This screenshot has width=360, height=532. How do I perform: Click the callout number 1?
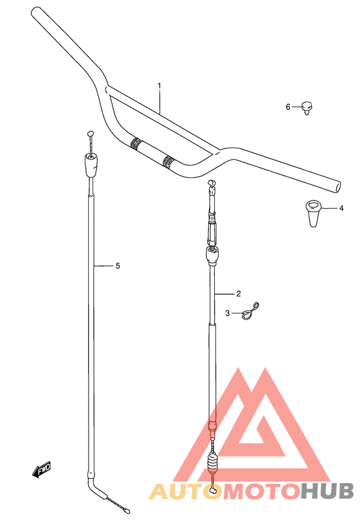pyautogui.click(x=159, y=85)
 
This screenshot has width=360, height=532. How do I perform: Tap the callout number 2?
pyautogui.click(x=238, y=294)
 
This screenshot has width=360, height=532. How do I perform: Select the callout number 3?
pyautogui.click(x=228, y=313)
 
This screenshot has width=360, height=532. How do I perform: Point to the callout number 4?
pyautogui.click(x=341, y=208)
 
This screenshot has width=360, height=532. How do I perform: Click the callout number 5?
pyautogui.click(x=118, y=265)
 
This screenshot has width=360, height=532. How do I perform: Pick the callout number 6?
pyautogui.click(x=288, y=107)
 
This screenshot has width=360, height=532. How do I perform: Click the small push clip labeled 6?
pyautogui.click(x=307, y=108)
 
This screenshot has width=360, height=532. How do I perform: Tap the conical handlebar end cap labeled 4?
pyautogui.click(x=313, y=213)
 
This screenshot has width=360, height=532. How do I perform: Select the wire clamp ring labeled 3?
pyautogui.click(x=251, y=311)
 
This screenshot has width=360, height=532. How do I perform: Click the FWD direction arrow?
pyautogui.click(x=41, y=470)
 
